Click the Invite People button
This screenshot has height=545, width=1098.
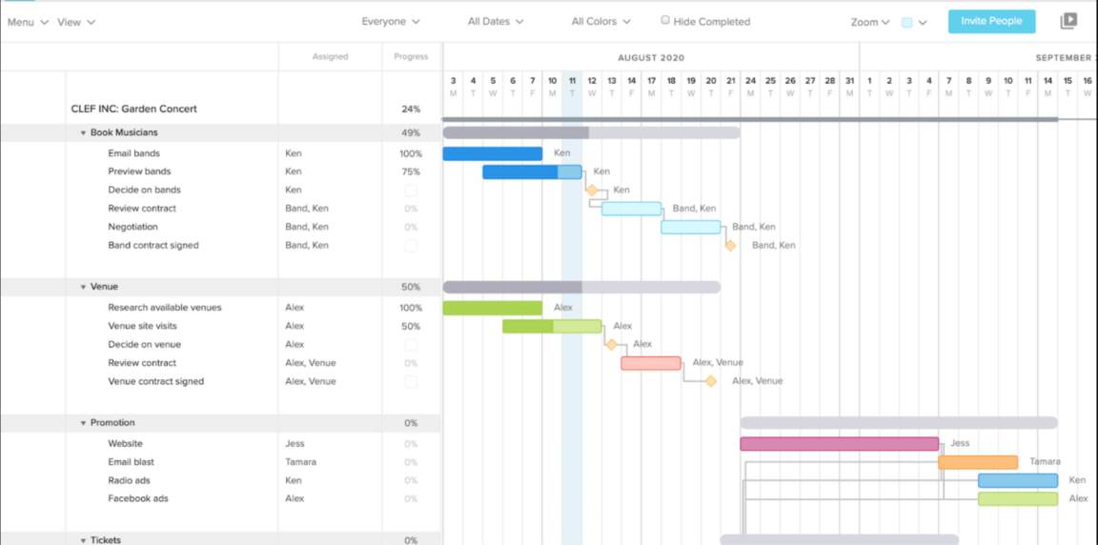pyautogui.click(x=991, y=21)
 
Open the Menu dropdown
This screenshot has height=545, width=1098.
pyautogui.click(x=27, y=22)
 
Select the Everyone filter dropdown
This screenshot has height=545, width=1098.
pyautogui.click(x=390, y=21)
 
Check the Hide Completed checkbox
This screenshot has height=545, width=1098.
pyautogui.click(x=665, y=20)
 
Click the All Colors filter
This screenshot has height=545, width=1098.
pyautogui.click(x=600, y=21)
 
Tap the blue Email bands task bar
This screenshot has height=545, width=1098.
pyautogui.click(x=492, y=153)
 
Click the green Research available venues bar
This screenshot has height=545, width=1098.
pyautogui.click(x=492, y=308)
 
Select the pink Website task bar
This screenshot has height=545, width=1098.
pyautogui.click(x=839, y=444)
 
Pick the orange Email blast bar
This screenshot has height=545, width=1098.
pyautogui.click(x=978, y=462)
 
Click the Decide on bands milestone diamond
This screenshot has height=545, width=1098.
pyautogui.click(x=592, y=191)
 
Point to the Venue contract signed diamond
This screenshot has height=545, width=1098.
pyautogui.click(x=711, y=381)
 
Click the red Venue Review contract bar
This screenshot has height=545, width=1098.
pyautogui.click(x=651, y=363)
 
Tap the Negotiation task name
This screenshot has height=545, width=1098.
pyautogui.click(x=132, y=227)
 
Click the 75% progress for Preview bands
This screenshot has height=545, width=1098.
pyautogui.click(x=411, y=172)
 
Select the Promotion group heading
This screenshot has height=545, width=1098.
pyautogui.click(x=112, y=423)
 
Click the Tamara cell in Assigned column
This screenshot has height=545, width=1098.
pyautogui.click(x=300, y=462)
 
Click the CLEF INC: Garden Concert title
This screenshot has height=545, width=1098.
pyautogui.click(x=133, y=109)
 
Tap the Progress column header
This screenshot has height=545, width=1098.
pyautogui.click(x=411, y=56)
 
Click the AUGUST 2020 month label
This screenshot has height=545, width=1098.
pyautogui.click(x=651, y=58)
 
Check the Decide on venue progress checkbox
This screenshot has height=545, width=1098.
pyautogui.click(x=411, y=345)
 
